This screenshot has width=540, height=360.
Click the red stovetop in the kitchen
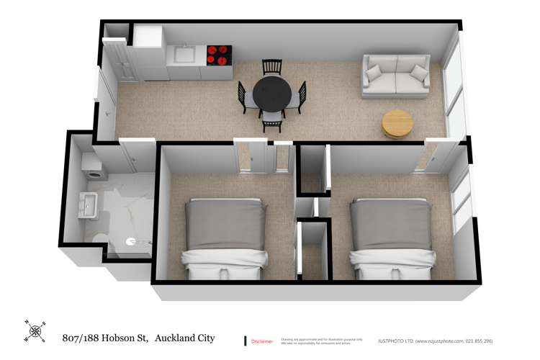(x=220, y=55)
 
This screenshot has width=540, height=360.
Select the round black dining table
(x=272, y=94)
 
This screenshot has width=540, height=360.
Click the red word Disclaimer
(x=261, y=341)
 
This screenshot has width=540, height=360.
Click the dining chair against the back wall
(x=272, y=67)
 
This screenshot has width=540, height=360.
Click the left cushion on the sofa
(x=374, y=73)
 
